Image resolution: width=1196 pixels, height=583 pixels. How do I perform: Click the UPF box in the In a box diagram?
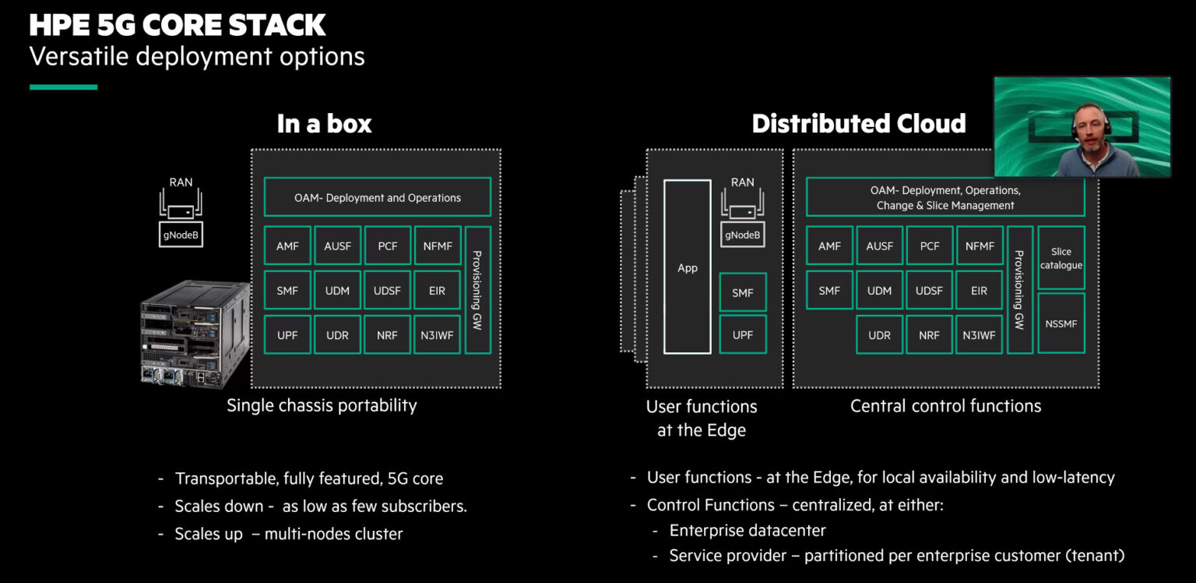(x=287, y=335)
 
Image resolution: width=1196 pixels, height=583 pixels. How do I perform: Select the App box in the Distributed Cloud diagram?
(x=687, y=267)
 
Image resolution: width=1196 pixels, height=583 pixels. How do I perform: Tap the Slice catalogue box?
(x=1061, y=258)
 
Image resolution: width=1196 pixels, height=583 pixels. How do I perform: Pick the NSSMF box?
(x=1061, y=323)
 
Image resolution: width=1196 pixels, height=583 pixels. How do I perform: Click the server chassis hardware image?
(x=195, y=335)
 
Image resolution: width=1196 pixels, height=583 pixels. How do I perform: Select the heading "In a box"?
(x=324, y=124)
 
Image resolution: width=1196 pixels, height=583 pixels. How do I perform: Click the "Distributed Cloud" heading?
(x=859, y=123)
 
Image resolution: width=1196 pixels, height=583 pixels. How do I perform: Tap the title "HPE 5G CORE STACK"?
(x=178, y=26)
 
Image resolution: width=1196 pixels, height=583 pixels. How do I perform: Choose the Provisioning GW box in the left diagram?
(x=477, y=290)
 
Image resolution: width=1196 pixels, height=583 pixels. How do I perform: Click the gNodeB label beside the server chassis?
(x=181, y=235)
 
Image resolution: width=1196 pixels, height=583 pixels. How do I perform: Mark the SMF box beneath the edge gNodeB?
(x=742, y=293)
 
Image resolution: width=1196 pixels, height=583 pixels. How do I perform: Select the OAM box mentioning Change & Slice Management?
(x=944, y=198)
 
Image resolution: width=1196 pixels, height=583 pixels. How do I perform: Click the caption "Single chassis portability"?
(x=322, y=405)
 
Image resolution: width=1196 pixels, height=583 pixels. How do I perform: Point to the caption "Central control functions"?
(x=945, y=405)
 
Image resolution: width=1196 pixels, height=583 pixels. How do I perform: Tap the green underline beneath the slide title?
(x=63, y=87)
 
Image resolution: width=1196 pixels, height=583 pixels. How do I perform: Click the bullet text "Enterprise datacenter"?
(x=747, y=531)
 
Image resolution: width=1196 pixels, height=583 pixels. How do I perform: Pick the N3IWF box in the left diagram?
(x=437, y=335)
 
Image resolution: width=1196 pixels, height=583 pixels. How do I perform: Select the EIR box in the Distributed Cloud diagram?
(x=979, y=291)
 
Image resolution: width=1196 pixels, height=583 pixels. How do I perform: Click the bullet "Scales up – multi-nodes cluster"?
(x=288, y=534)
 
